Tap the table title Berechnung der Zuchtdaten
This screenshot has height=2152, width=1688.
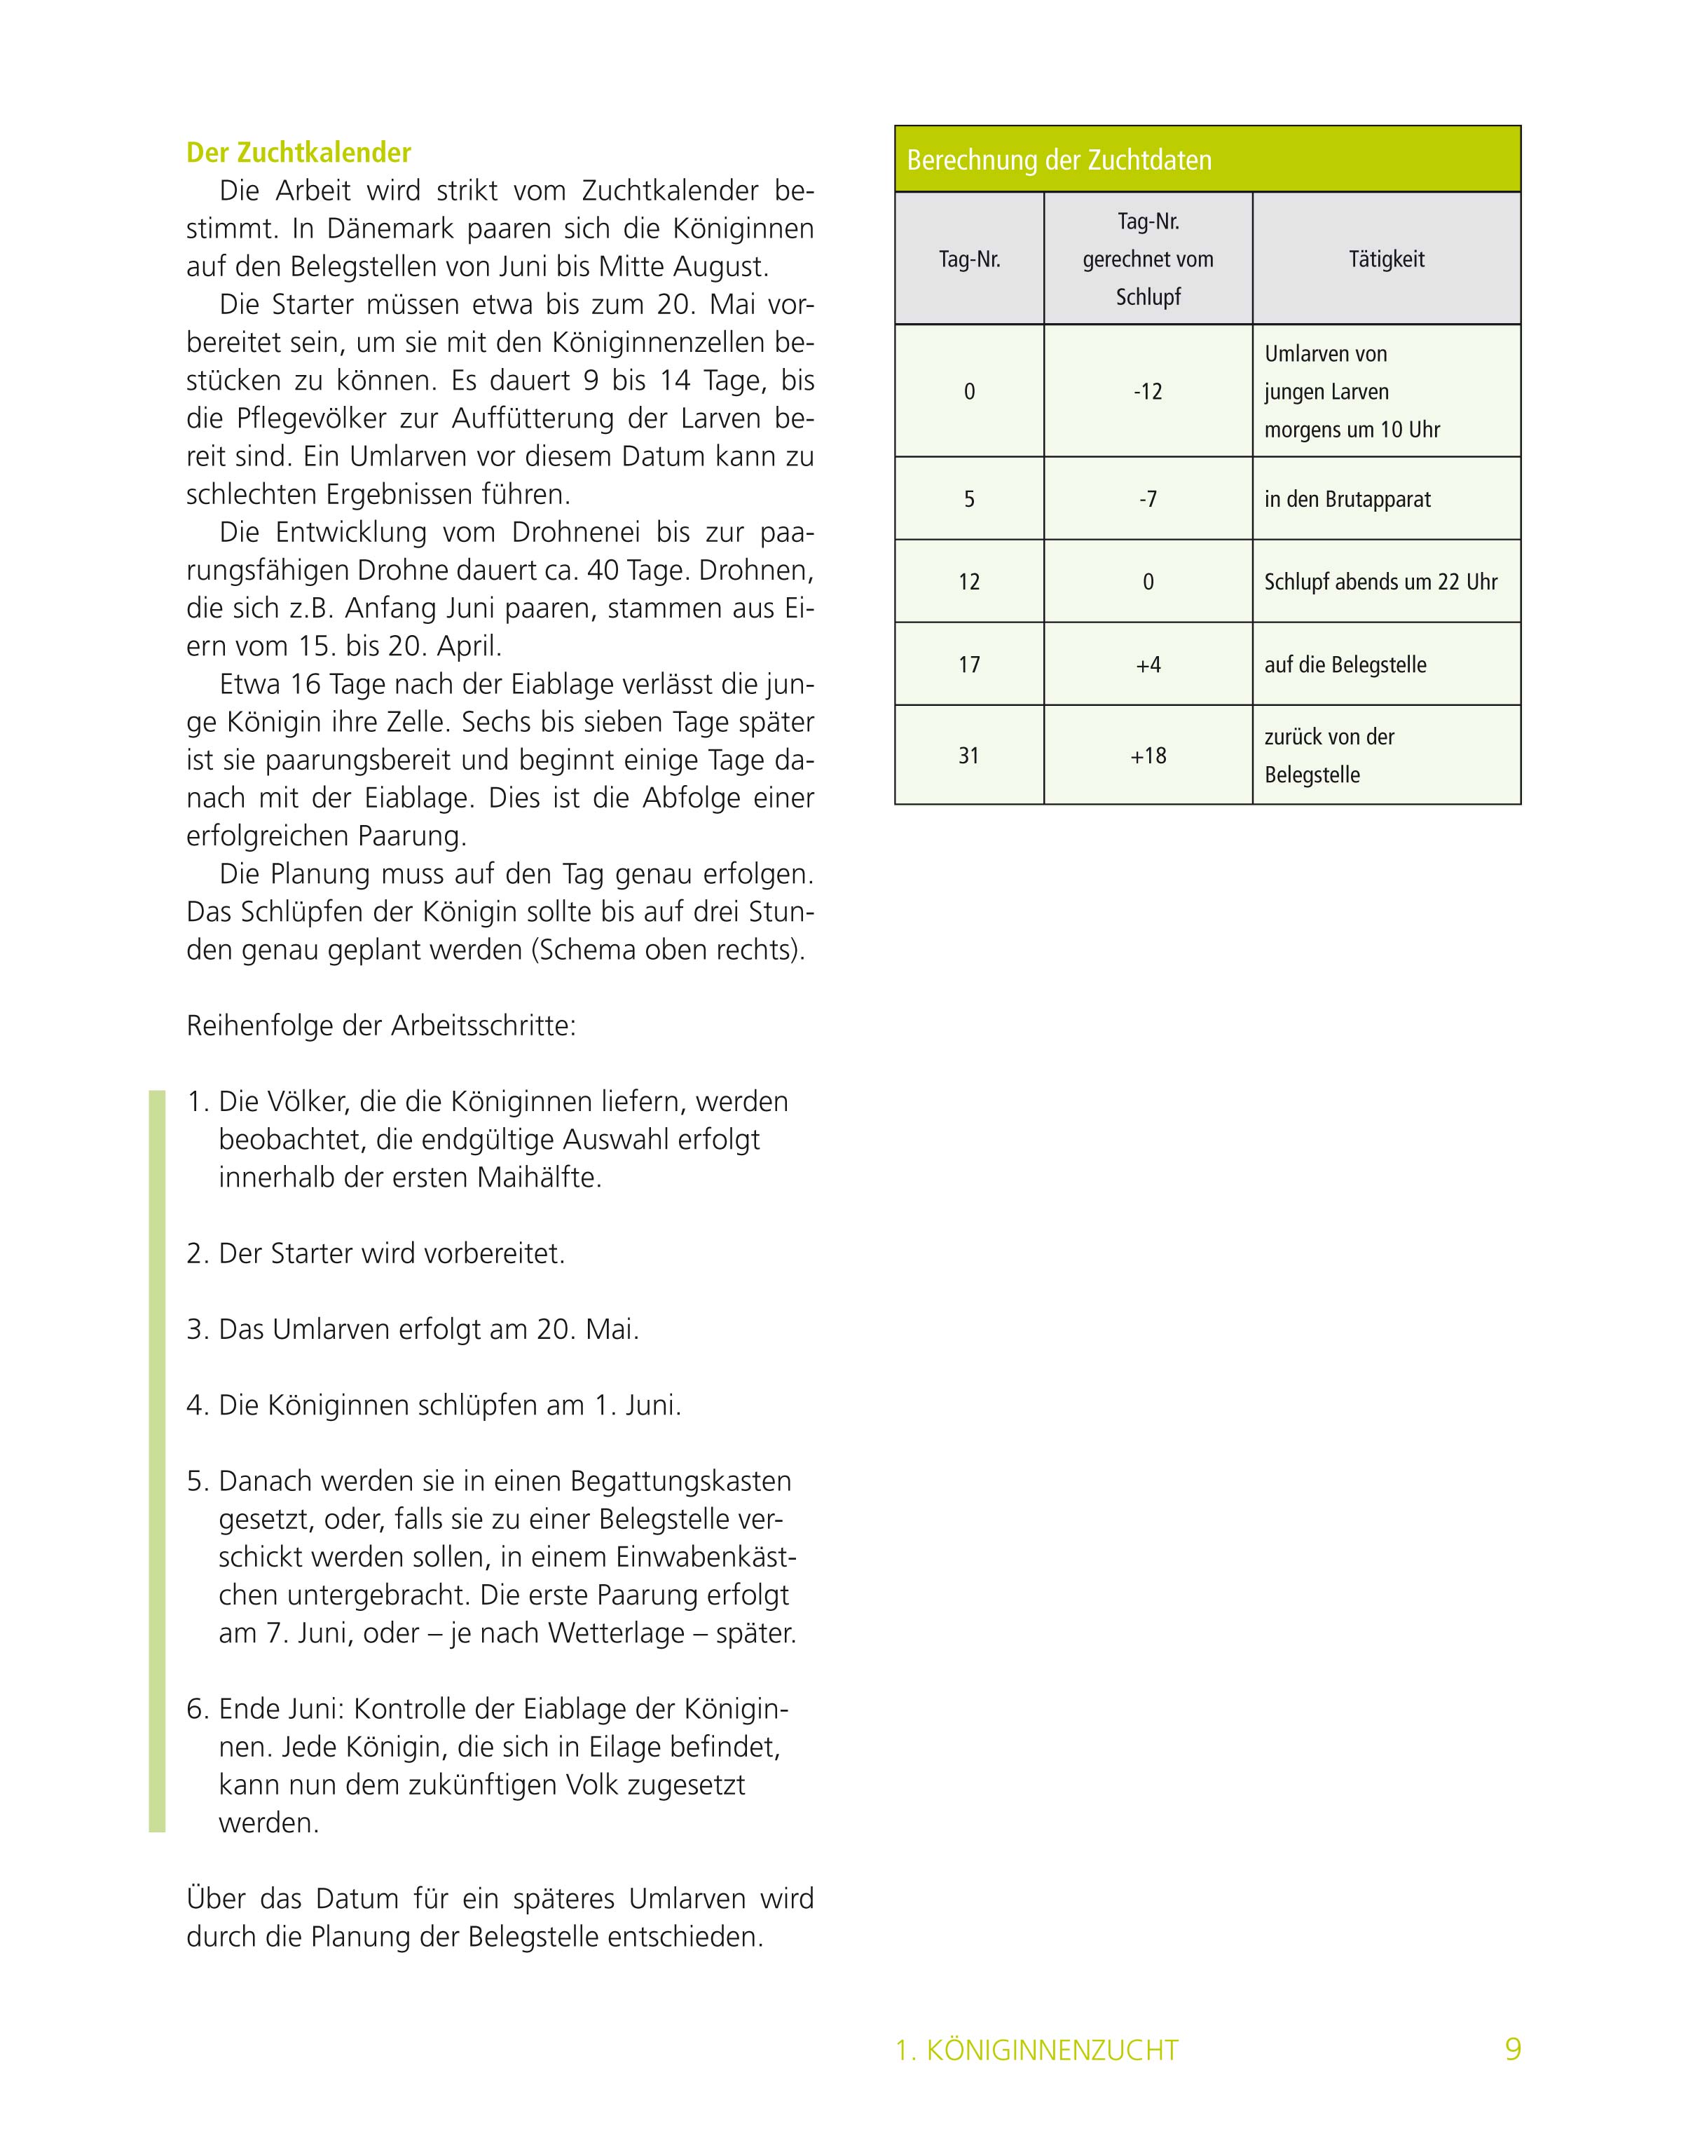pos(1059,160)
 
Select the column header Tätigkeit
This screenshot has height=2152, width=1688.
pos(1387,259)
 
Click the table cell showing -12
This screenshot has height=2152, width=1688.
pos(1147,391)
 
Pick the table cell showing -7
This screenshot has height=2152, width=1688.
pos(1147,499)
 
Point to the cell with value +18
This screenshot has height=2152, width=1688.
pos(1147,755)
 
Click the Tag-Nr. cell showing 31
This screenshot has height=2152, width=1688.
pos(968,755)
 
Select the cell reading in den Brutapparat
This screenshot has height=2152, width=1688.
pos(1347,499)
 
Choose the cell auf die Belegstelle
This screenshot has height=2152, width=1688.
pos(1345,665)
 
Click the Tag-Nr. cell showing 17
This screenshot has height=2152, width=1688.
pos(968,665)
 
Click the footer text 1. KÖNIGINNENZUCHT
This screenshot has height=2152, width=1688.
pos(1037,2050)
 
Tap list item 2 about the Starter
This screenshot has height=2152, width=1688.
pos(376,1253)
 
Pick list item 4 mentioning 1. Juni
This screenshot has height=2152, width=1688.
pos(434,1405)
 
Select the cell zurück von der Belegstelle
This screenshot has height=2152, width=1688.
pos(1329,755)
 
